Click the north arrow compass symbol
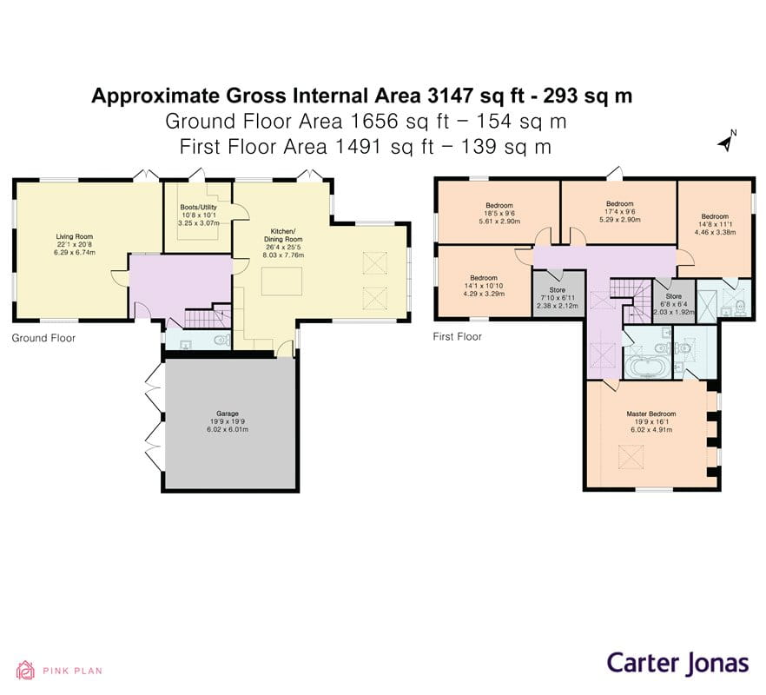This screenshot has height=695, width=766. click(x=726, y=141)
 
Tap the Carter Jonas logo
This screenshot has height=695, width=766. click(x=677, y=663)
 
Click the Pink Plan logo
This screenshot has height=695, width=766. click(x=52, y=670)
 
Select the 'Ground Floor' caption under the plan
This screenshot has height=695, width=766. click(x=43, y=338)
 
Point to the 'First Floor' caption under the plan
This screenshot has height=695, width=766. click(x=457, y=336)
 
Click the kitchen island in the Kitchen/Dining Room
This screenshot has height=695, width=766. click(x=285, y=282)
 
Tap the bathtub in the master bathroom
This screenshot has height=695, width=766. click(x=646, y=367)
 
